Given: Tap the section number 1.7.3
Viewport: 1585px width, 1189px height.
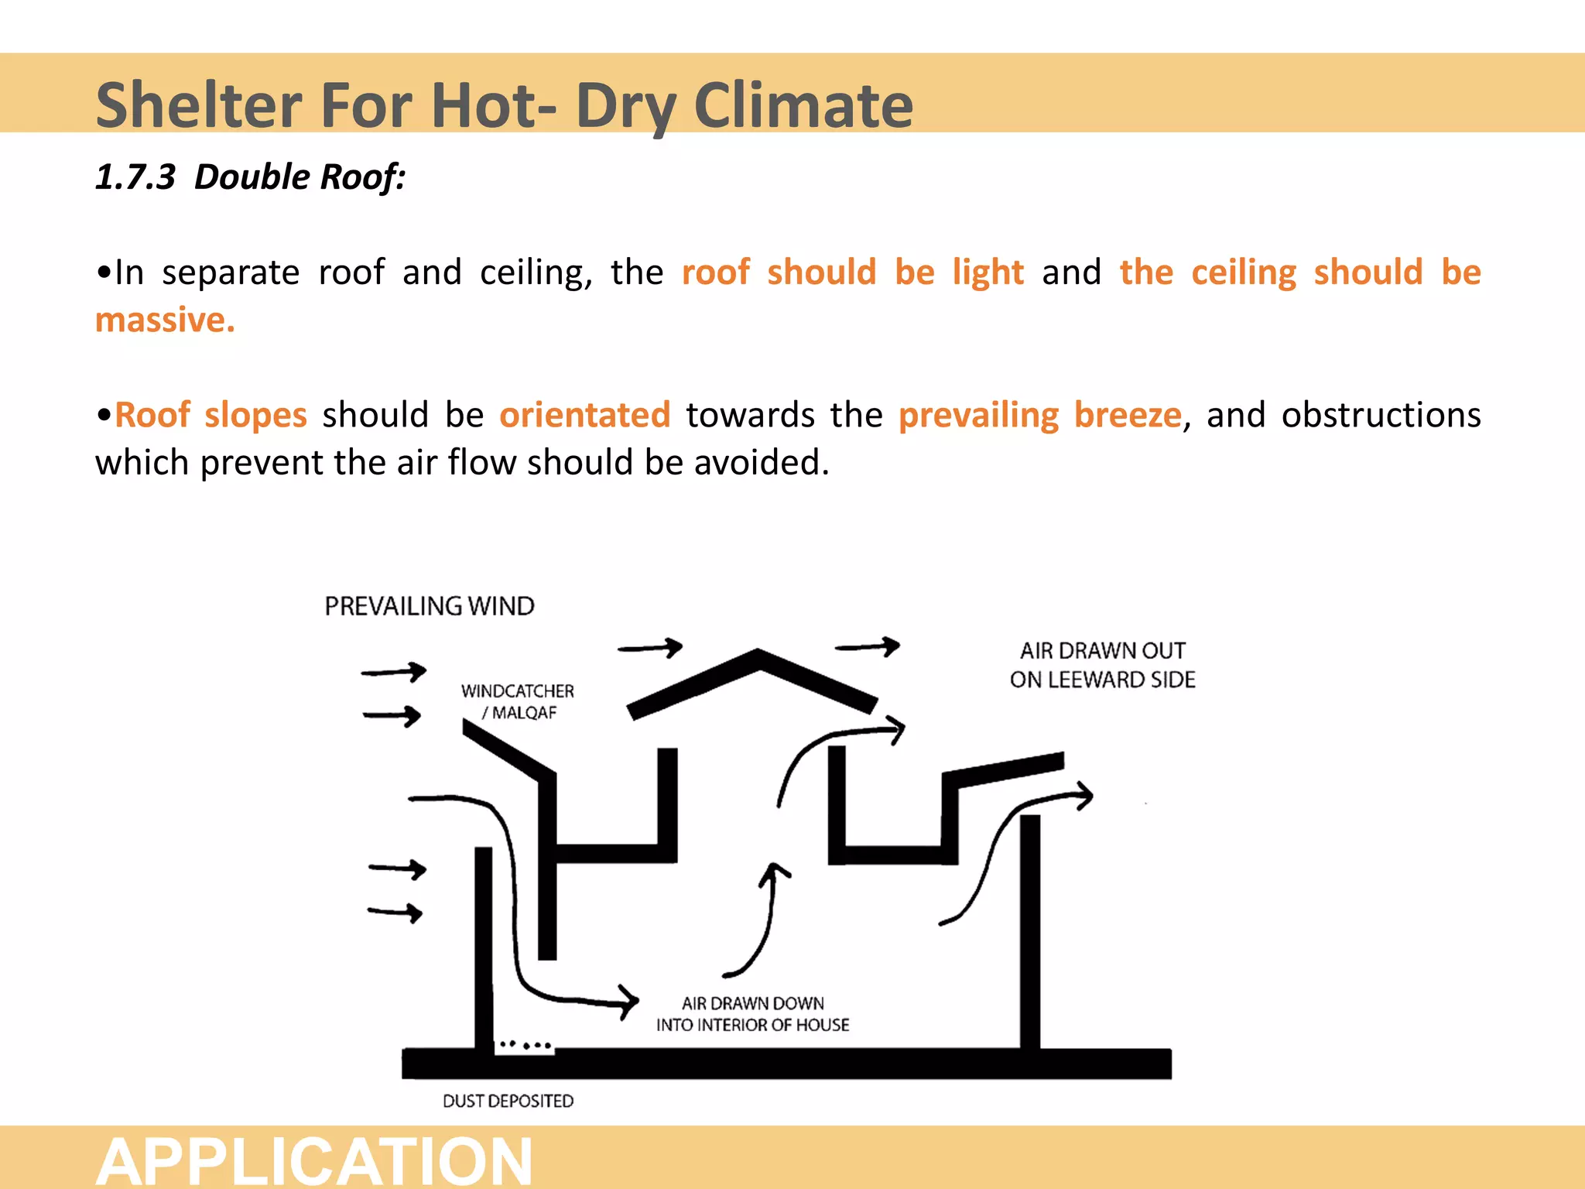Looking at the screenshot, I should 135,177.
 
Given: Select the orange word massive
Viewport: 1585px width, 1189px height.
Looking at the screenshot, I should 165,320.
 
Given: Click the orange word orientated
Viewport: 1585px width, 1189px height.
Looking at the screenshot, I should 584,415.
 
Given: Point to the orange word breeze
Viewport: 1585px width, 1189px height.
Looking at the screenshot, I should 1128,415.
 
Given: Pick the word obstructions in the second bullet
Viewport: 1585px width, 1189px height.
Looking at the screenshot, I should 1381,415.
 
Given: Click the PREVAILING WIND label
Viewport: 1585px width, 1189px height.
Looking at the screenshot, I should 430,606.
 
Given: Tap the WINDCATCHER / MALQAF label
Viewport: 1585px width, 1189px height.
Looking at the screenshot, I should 518,701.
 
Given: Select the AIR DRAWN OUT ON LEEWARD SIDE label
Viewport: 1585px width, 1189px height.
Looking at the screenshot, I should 1102,665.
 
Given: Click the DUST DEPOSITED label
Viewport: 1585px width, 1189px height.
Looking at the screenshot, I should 508,1101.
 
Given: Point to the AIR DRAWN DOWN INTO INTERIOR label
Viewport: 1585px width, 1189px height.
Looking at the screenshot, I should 752,1014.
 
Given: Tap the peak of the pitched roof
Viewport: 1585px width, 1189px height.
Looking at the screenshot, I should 757,656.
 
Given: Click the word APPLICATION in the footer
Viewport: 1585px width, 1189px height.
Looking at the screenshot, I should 314,1161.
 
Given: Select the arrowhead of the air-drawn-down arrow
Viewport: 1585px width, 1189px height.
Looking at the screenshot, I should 628,1002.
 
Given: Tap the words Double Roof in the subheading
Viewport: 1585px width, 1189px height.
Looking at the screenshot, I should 300,177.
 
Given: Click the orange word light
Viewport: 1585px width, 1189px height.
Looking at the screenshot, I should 988,272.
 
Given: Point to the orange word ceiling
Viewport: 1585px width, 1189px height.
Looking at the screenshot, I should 1243,272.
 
